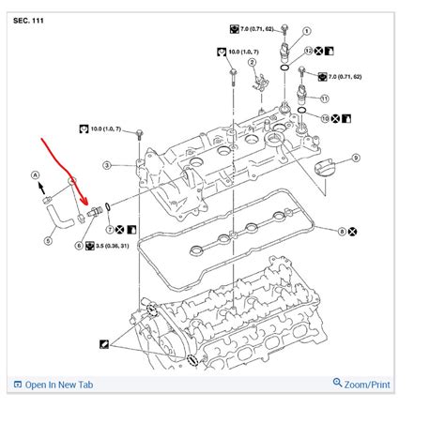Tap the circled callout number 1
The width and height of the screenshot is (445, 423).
click(x=308, y=31)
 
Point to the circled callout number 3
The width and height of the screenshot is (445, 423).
click(x=107, y=165)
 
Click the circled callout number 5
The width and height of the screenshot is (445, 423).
click(x=48, y=239)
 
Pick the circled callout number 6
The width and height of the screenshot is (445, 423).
click(x=78, y=246)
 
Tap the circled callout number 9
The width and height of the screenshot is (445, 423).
click(x=356, y=159)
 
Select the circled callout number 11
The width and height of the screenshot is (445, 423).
click(x=325, y=98)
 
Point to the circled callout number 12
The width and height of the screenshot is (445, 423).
click(x=308, y=49)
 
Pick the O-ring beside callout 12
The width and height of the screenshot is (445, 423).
click(x=284, y=68)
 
